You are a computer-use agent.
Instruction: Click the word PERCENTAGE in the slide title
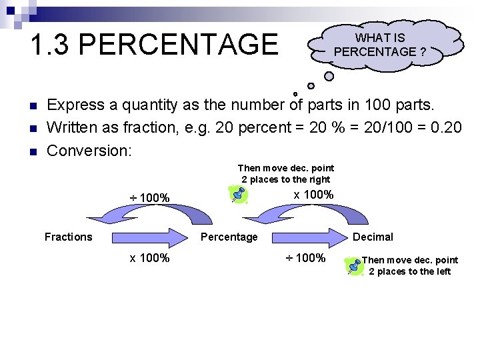pos(182,45)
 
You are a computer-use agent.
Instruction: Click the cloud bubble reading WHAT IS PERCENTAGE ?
pos(385,45)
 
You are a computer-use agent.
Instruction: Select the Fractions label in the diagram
pos(68,237)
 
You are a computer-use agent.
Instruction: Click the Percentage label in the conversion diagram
pos(229,237)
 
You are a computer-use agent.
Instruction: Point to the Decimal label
pos(373,237)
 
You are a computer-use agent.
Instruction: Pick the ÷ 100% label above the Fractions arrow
pos(149,198)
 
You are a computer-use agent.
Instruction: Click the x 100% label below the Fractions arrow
pos(149,258)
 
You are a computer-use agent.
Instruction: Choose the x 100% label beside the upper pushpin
pos(313,195)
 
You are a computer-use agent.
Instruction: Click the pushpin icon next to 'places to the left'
pos(353,265)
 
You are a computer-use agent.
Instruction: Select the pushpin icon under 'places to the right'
pos(238,194)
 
